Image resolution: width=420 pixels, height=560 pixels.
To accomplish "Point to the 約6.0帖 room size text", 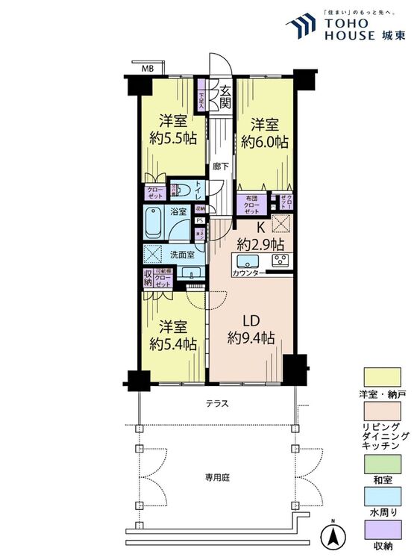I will [264, 142].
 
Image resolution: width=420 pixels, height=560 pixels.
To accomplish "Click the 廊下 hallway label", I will [219, 167].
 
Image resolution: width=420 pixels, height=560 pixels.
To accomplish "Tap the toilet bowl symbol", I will [181, 190].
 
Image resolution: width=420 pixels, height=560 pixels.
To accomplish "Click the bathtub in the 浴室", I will [158, 223].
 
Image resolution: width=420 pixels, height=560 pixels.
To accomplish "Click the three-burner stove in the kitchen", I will [280, 261].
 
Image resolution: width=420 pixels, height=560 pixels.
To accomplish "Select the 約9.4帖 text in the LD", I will [251, 339].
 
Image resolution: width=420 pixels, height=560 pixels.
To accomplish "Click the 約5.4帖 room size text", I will [173, 343].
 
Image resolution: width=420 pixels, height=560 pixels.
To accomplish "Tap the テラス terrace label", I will [217, 404].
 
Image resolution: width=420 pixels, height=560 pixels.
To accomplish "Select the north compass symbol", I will [333, 536].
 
